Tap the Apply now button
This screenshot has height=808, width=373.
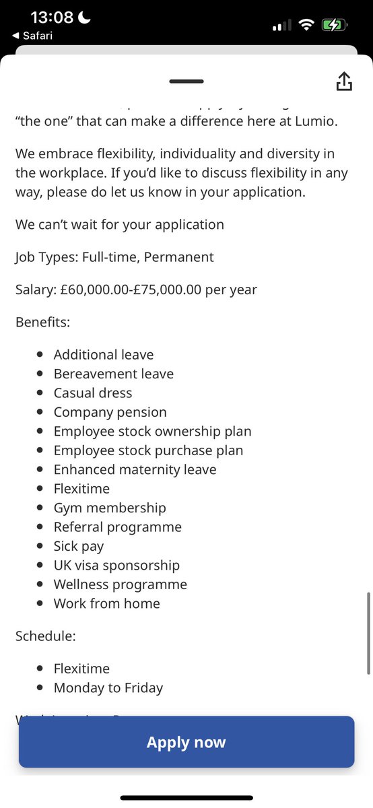(x=186, y=742)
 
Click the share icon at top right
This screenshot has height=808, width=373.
(x=343, y=81)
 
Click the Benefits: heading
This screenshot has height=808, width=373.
(x=43, y=322)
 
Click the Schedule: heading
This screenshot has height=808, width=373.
(x=44, y=636)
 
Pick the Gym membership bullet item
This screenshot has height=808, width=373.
(x=110, y=508)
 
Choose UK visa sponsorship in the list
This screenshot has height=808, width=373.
(x=116, y=565)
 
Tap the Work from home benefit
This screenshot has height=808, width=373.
(x=107, y=603)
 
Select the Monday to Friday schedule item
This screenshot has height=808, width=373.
(x=108, y=687)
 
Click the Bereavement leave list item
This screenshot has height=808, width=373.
(x=114, y=374)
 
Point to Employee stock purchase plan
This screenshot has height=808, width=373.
(x=148, y=450)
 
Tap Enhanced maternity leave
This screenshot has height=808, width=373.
(x=135, y=469)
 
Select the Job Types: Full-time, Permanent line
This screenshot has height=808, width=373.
(x=114, y=257)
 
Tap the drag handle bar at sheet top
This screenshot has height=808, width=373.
(x=186, y=81)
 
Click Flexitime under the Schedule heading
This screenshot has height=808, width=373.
(x=81, y=669)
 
